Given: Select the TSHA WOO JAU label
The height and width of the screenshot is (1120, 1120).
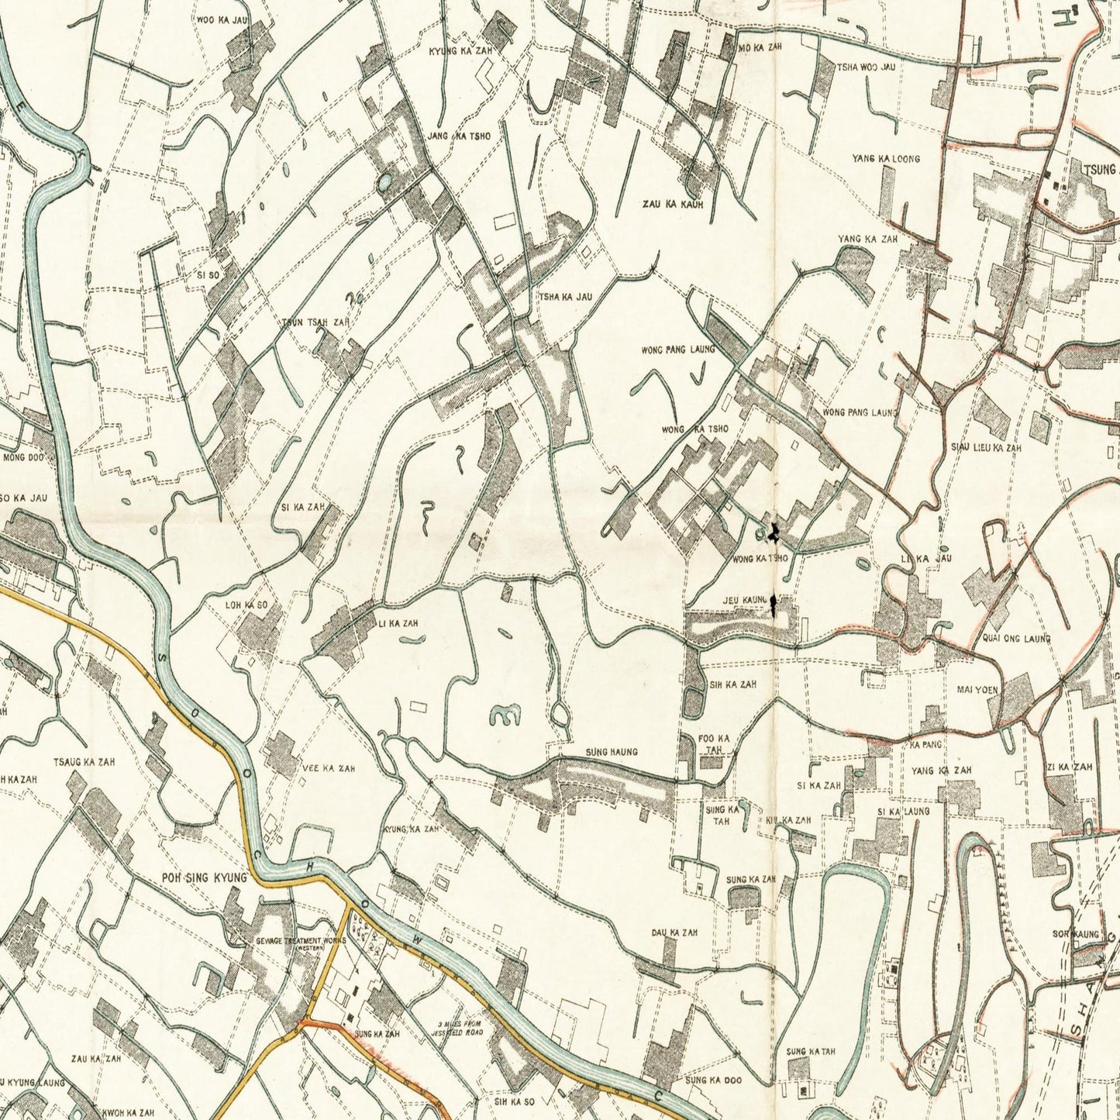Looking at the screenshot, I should [866, 67].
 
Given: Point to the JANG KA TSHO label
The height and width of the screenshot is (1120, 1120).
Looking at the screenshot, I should [459, 136].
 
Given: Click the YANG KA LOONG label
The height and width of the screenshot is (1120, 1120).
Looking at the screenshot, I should [886, 159].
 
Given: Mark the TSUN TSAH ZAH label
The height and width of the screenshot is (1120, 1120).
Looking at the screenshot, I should [315, 322].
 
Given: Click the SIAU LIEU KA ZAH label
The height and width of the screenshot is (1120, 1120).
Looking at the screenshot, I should [986, 448].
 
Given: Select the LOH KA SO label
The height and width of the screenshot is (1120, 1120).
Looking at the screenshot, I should [246, 605].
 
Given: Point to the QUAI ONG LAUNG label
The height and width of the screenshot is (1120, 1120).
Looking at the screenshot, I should [1015, 639].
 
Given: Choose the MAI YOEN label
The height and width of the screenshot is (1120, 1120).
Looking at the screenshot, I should [977, 689].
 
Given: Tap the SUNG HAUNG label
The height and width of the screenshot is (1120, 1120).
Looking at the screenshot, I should [612, 752].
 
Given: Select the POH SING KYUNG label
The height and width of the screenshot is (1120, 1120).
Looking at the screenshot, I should [204, 877].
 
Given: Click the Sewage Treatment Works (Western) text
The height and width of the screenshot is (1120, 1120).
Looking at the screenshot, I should [290, 943].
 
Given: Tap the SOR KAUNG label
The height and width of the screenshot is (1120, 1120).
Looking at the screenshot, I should [1075, 935].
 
